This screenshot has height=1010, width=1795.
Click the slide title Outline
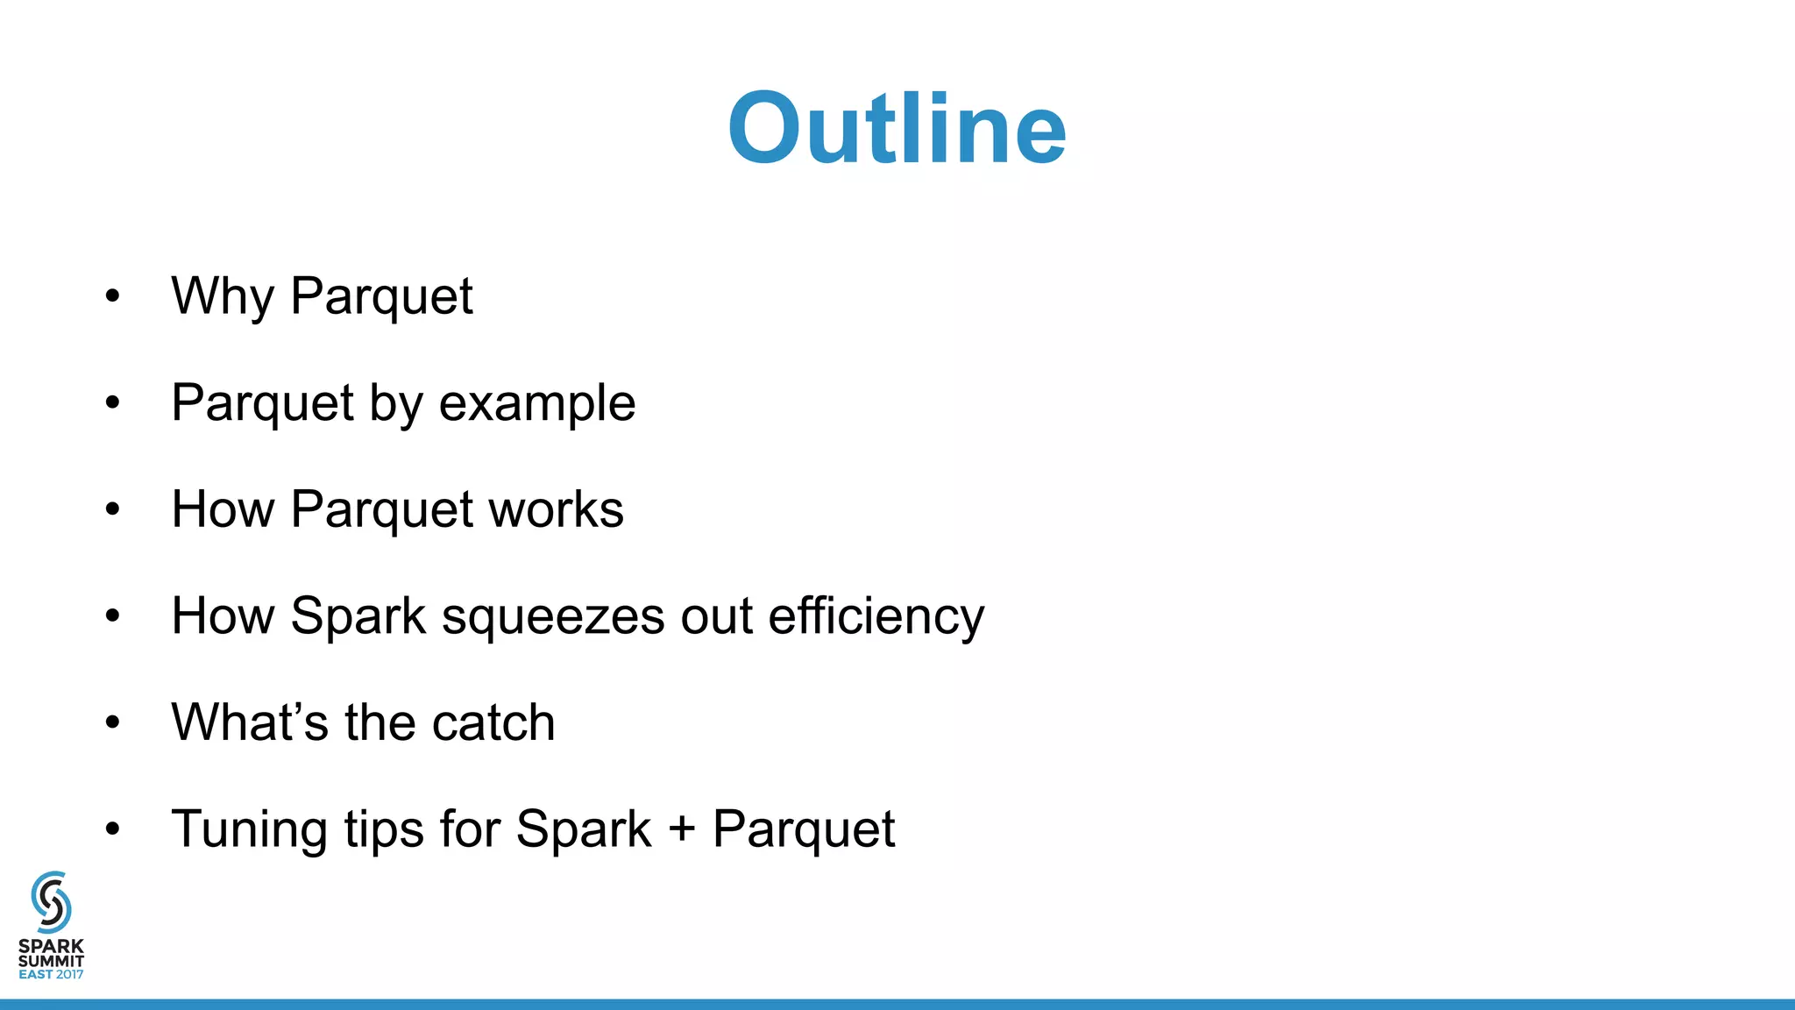[897, 129]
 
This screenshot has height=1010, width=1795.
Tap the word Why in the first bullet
[223, 296]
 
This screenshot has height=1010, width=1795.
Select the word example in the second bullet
[536, 403]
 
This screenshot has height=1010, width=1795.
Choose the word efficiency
[876, 617]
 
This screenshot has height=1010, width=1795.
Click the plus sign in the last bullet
[681, 829]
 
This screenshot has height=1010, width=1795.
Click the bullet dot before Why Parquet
[112, 296]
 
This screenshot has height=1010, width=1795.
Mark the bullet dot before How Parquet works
[112, 509]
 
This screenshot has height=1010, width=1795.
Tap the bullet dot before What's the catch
[112, 722]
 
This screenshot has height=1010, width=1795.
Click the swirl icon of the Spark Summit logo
[51, 901]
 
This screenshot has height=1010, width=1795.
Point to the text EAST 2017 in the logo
[51, 974]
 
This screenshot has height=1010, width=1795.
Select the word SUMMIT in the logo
[51, 961]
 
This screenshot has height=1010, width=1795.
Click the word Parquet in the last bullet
[804, 829]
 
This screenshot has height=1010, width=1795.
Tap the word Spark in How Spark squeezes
[358, 616]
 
